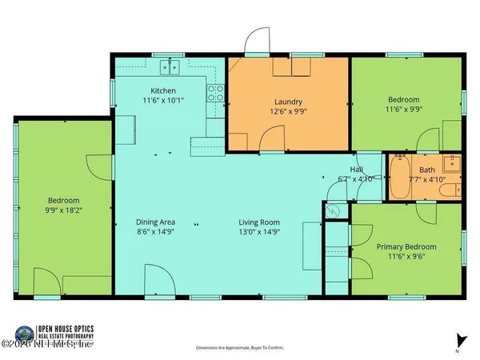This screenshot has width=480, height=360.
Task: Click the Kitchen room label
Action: (x=162, y=90)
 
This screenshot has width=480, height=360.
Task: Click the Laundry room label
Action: (x=288, y=102)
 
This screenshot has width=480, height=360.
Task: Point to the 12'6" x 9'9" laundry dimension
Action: (x=288, y=113)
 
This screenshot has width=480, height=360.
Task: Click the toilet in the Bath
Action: (x=453, y=190)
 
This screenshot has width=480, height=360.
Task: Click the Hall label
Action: (x=356, y=170)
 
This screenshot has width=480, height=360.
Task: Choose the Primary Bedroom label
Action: (x=406, y=247)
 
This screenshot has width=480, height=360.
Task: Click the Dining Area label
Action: (x=156, y=222)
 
